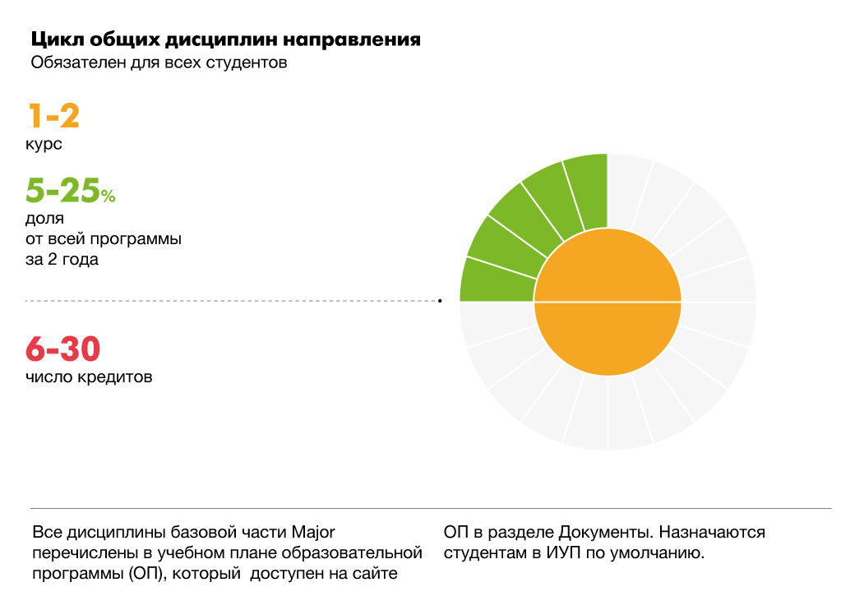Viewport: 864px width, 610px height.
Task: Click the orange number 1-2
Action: tap(54, 116)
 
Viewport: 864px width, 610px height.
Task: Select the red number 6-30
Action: tap(62, 349)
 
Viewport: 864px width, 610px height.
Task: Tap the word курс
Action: tap(44, 144)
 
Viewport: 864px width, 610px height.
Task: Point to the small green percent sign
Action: tap(109, 196)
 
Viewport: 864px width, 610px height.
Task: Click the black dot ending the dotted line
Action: tap(440, 301)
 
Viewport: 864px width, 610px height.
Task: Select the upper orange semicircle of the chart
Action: tap(608, 267)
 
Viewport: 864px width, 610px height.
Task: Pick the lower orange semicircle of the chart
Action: tap(608, 337)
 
